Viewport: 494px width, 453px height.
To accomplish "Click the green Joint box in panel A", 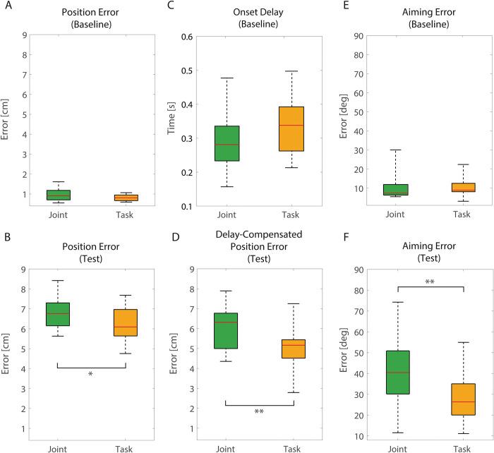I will click(58, 195).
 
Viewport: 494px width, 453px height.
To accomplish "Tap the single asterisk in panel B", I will click(91, 375).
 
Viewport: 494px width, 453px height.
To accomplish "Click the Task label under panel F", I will click(462, 447).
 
